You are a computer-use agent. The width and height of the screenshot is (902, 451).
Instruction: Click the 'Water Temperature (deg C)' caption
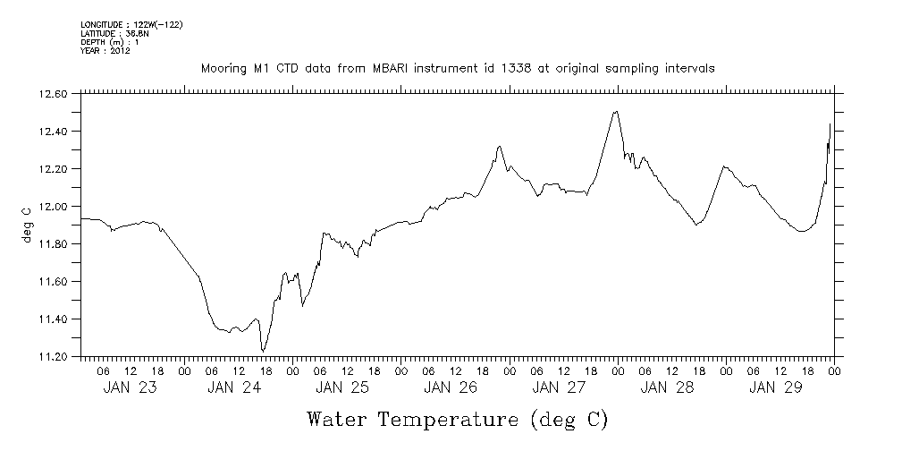[x=458, y=419]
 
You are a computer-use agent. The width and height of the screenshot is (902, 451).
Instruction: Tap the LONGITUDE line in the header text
[x=131, y=25]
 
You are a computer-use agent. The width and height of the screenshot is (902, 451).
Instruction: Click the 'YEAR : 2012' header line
[x=106, y=51]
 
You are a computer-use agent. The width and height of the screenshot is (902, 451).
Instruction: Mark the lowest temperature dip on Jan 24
[x=263, y=351]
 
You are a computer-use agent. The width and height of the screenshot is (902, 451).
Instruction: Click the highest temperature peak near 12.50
[x=616, y=112]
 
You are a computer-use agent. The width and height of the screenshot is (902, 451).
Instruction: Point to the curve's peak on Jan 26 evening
[x=500, y=146]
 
